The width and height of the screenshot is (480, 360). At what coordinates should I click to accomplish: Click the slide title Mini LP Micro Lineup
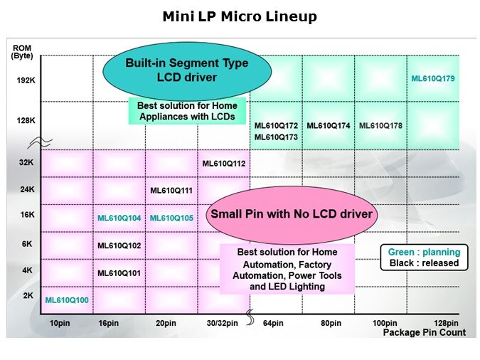tap(240, 16)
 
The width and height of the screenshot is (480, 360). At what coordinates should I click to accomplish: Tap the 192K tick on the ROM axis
tap(26, 80)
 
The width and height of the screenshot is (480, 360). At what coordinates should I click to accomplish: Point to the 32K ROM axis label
tap(26, 162)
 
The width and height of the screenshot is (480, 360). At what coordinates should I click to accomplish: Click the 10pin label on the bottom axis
tap(59, 323)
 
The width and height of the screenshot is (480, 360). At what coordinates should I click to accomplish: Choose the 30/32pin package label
tap(223, 323)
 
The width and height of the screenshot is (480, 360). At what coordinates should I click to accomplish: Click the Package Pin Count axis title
tap(424, 332)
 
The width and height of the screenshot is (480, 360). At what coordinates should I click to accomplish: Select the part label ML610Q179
tap(433, 79)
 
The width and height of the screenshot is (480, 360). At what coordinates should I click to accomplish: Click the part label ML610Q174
tap(329, 126)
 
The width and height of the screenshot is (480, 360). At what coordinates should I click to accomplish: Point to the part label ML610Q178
tap(380, 126)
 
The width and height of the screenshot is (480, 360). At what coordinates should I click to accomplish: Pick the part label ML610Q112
tap(224, 164)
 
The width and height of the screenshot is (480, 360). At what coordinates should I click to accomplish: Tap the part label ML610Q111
tap(171, 190)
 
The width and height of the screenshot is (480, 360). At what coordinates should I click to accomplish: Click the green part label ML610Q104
tap(119, 218)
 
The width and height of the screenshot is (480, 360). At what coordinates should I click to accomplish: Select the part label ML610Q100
tap(67, 300)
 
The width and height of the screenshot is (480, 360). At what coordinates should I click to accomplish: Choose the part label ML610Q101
tap(119, 272)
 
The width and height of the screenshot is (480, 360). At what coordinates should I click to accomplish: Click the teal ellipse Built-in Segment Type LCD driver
tap(187, 70)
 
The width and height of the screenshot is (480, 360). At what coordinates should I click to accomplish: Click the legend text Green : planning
tap(424, 252)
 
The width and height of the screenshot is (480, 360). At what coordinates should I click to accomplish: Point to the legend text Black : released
tap(424, 263)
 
